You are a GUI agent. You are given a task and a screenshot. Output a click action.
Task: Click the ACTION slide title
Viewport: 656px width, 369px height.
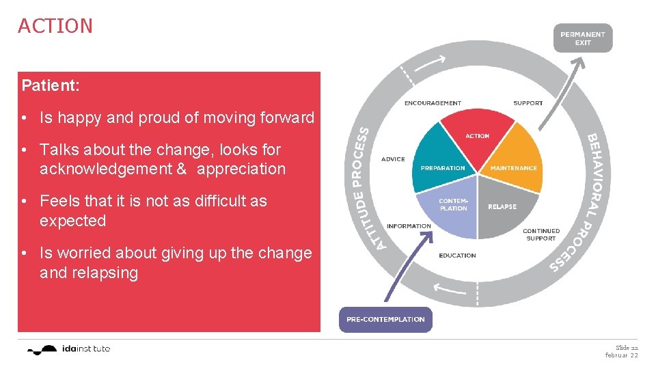pos(55,26)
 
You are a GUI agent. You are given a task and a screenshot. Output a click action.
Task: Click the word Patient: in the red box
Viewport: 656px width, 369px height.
pos(51,86)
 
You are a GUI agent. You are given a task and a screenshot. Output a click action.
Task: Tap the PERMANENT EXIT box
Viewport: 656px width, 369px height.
pos(582,38)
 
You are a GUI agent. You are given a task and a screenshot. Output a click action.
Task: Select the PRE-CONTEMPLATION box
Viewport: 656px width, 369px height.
pos(385,319)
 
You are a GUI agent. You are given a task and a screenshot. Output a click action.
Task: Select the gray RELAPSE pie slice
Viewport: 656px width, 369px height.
pos(504,208)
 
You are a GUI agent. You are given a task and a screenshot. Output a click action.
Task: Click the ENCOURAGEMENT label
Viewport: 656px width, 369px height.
pos(433,103)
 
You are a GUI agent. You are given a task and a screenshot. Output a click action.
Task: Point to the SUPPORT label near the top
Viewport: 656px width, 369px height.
pos(528,103)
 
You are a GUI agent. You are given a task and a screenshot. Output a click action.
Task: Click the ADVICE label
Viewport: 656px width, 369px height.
pos(393,159)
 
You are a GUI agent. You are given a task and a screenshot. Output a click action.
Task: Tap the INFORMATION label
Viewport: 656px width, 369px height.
pos(409,226)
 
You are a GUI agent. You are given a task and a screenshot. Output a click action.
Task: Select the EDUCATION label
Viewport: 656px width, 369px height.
pos(457,256)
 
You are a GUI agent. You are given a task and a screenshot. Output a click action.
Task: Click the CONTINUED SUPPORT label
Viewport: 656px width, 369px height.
pos(541,234)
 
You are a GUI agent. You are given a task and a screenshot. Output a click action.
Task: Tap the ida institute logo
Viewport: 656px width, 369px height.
pos(68,349)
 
